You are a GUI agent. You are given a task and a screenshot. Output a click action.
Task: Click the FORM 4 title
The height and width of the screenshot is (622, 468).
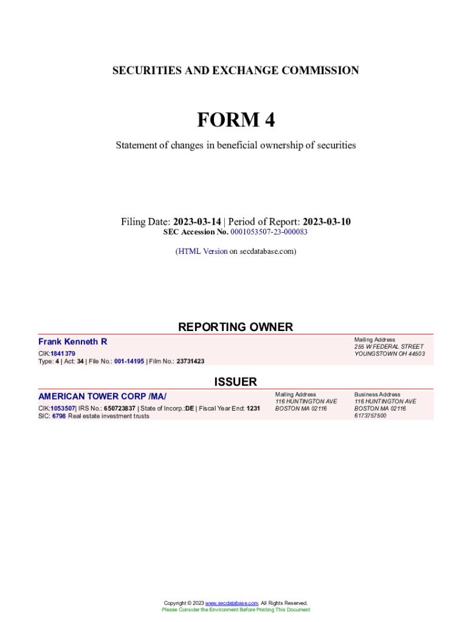(x=235, y=120)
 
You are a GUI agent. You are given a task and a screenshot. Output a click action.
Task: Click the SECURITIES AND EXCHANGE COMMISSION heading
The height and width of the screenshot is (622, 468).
(x=235, y=70)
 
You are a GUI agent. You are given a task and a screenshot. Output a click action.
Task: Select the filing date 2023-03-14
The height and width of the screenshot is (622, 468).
(x=198, y=222)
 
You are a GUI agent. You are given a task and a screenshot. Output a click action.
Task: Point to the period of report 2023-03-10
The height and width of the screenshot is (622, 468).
(x=326, y=222)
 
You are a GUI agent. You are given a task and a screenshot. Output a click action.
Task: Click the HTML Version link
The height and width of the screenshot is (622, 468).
(x=202, y=251)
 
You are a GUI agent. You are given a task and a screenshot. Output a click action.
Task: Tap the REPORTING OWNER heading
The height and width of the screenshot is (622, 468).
(x=235, y=327)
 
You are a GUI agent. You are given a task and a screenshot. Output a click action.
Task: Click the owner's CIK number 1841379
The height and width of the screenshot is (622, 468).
(x=63, y=354)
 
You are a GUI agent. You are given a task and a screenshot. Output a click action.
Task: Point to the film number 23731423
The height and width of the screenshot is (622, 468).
(x=190, y=361)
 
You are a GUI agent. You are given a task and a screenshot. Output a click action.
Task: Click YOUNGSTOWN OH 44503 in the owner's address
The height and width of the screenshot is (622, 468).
(x=390, y=354)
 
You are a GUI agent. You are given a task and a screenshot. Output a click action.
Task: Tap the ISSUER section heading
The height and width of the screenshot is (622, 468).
(x=235, y=381)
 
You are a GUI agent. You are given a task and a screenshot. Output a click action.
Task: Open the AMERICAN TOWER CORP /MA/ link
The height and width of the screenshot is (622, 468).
(x=102, y=397)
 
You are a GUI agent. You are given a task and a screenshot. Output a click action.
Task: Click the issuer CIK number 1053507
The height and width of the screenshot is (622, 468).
(x=63, y=409)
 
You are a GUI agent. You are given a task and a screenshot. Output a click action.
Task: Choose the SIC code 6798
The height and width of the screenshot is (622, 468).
(x=59, y=416)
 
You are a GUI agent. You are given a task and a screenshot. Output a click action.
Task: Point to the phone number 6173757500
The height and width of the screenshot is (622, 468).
(x=370, y=415)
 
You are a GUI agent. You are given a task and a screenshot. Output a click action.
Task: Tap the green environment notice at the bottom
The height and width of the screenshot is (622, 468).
(x=235, y=609)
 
